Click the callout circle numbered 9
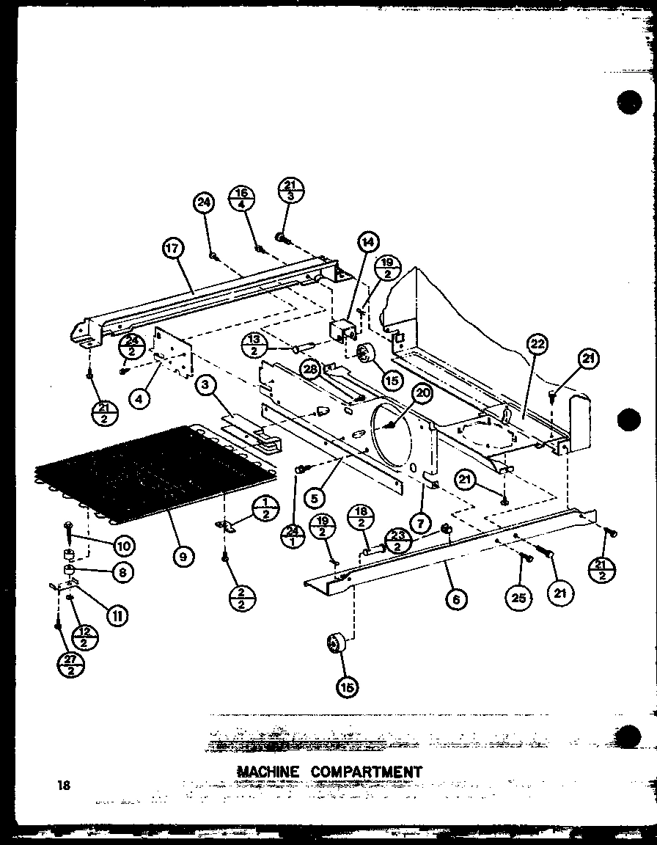(x=183, y=557)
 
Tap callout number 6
(x=455, y=600)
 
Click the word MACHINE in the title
(x=268, y=772)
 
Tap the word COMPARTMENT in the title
(x=366, y=772)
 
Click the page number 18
(x=64, y=786)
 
